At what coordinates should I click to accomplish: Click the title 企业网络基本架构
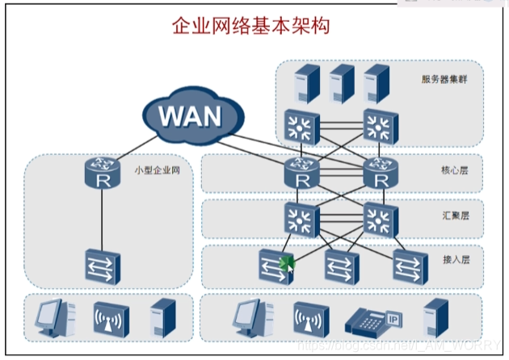coord(251,26)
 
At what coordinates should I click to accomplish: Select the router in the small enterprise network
coord(102,172)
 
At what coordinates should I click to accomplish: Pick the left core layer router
coord(301,172)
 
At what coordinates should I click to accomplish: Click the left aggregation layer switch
coord(301,218)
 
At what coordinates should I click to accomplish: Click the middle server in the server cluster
coord(341,82)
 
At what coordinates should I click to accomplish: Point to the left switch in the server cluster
coord(301,125)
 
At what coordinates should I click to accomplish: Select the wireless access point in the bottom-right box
coord(305,320)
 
